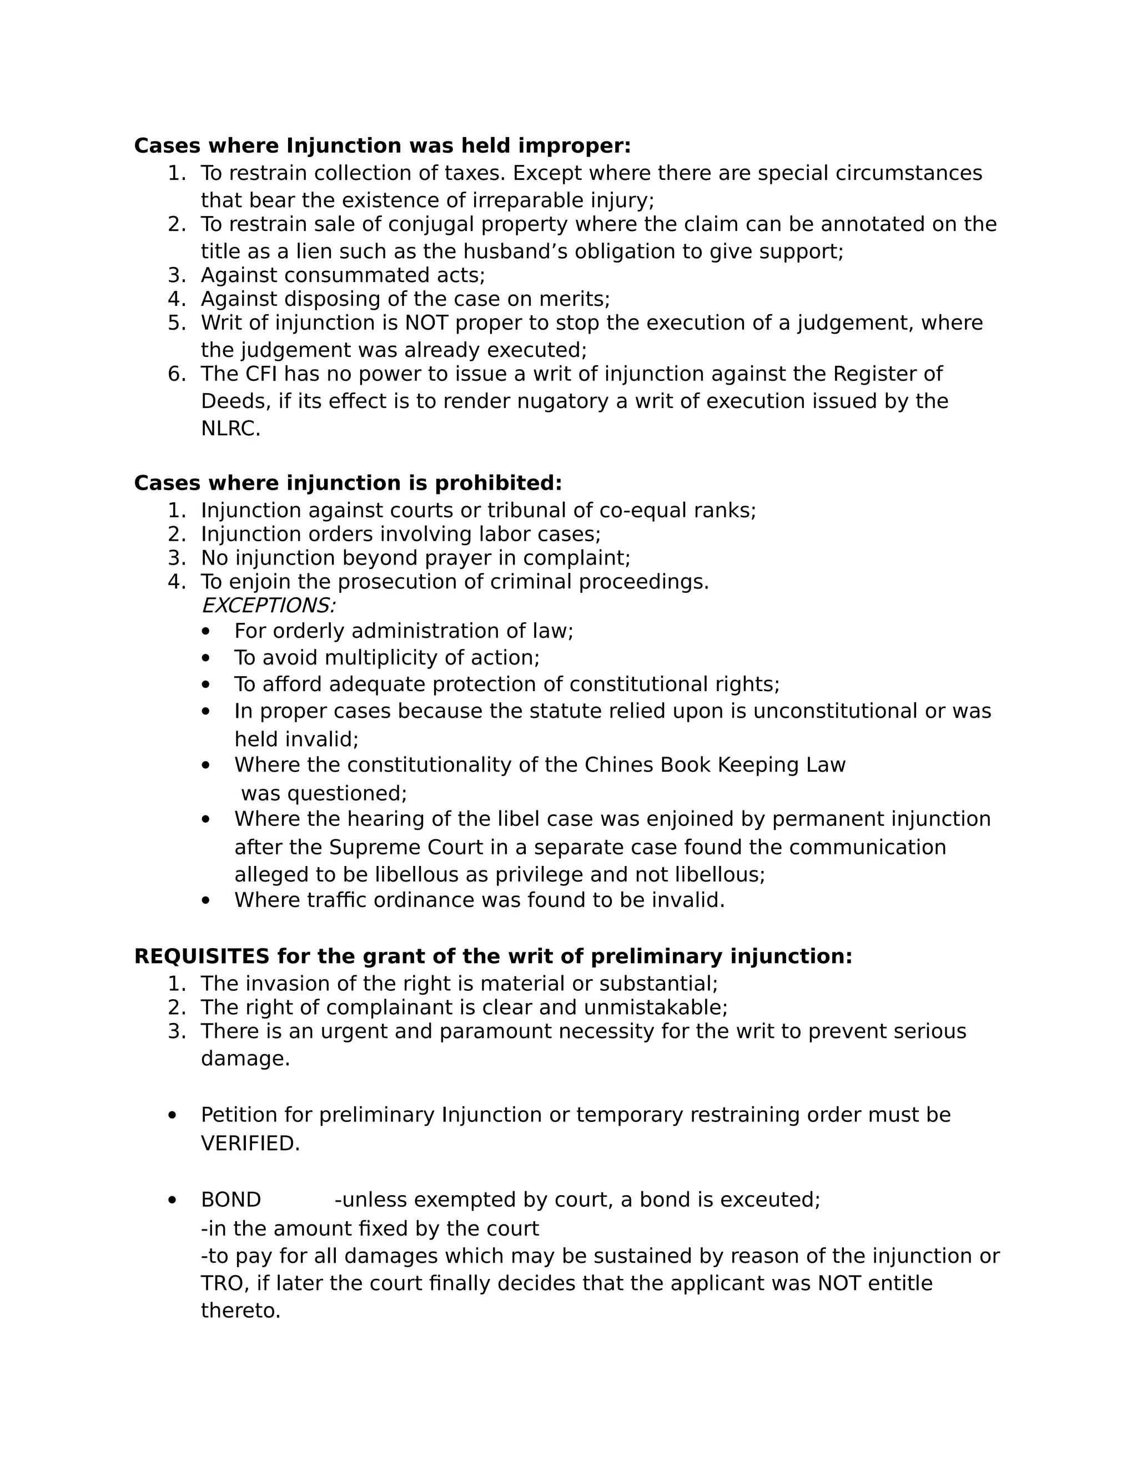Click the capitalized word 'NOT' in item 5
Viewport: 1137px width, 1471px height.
pos(426,323)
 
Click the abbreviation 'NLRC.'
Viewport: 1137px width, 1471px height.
pos(230,429)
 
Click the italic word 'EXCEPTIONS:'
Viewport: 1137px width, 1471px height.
pos(268,606)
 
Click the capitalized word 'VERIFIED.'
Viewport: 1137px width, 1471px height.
pos(250,1143)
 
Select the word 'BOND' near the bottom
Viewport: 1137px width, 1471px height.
pos(230,1200)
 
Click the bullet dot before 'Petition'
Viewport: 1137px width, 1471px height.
pos(173,1116)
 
